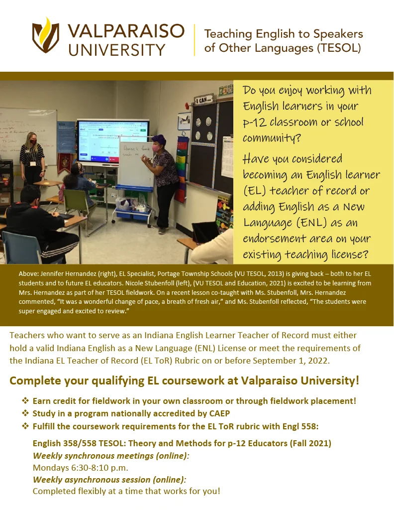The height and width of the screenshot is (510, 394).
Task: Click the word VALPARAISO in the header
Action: (x=126, y=31)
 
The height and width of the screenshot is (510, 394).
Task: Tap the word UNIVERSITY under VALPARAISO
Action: (x=117, y=50)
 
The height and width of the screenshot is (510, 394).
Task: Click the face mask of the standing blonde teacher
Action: (x=33, y=142)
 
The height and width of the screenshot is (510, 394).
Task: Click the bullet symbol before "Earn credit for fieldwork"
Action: (x=25, y=401)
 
